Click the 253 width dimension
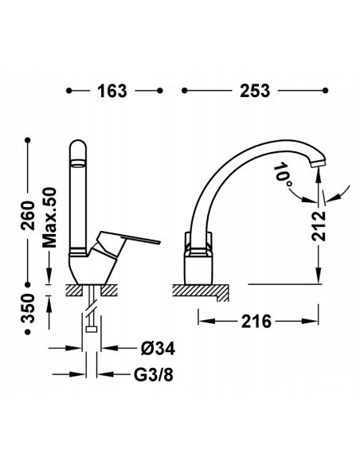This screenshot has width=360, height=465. (252, 91)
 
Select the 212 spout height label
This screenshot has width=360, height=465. (319, 226)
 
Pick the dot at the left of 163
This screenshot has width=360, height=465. (71, 91)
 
